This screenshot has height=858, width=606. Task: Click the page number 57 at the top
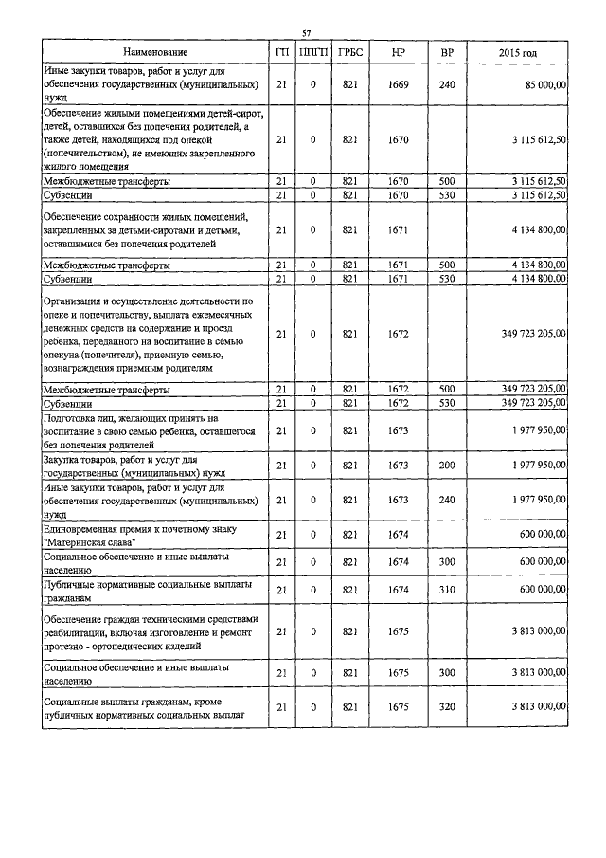point(306,33)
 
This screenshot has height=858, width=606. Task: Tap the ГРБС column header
point(348,51)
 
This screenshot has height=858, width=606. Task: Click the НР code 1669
point(398,85)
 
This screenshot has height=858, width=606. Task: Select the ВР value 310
point(447,589)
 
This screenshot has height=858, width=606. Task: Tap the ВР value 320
point(447,706)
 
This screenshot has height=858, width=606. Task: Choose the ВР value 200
point(447,465)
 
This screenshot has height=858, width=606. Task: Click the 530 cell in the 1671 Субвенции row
point(447,279)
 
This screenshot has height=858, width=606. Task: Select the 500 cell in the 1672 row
point(447,390)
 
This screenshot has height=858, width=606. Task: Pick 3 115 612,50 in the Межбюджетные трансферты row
point(532,180)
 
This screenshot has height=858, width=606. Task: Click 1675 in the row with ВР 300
point(398,672)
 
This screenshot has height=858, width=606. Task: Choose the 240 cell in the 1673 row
point(447,500)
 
